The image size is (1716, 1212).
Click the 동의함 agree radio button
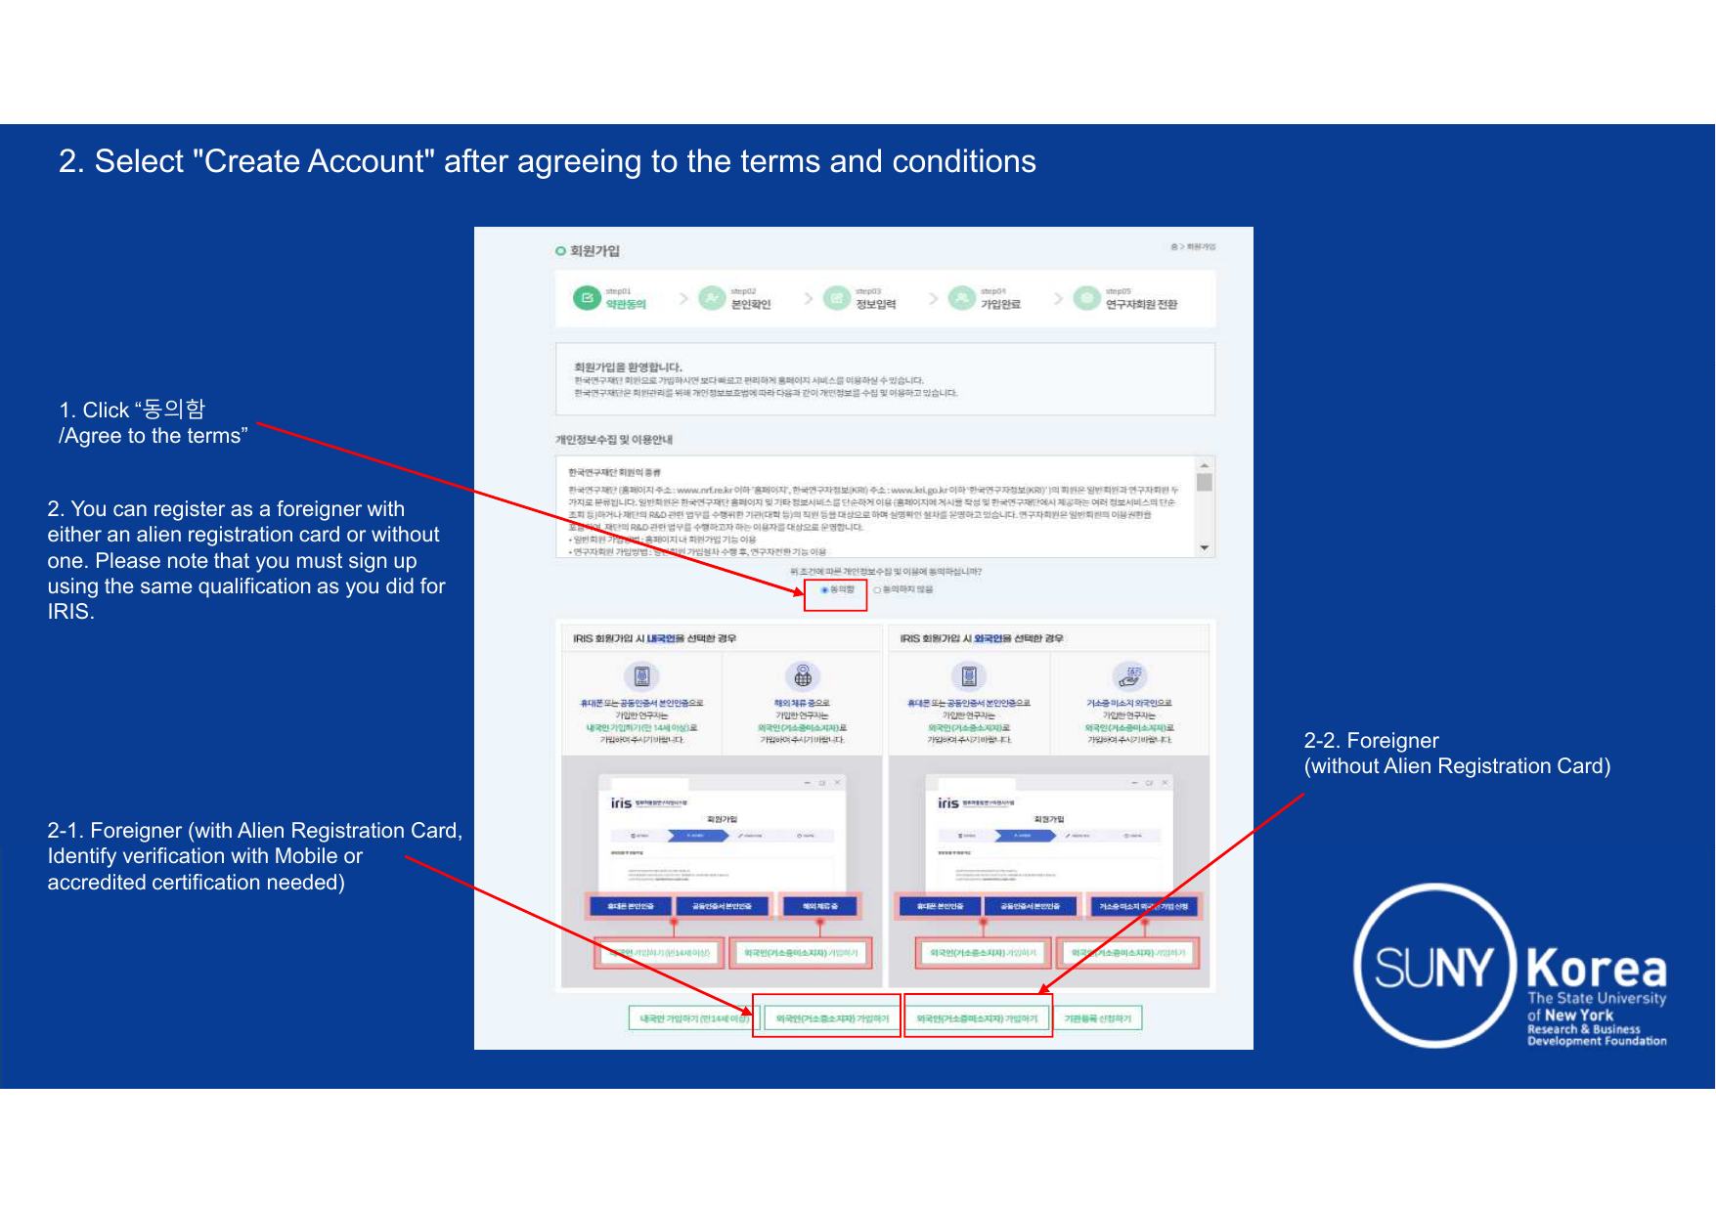click(x=824, y=589)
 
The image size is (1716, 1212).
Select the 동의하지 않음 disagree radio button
click(x=877, y=589)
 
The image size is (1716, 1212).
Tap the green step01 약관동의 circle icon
click(x=587, y=298)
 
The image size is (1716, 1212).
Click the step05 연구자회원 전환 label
click(x=1141, y=305)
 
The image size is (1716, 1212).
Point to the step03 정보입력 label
click(x=875, y=305)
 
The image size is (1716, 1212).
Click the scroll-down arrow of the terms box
click(x=1205, y=548)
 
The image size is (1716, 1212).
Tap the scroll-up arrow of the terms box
click(x=1205, y=465)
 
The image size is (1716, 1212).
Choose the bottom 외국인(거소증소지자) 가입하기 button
click(x=832, y=1018)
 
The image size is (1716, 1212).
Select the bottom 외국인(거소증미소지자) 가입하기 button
click(x=977, y=1018)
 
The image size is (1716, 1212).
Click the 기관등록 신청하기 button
click(x=1097, y=1018)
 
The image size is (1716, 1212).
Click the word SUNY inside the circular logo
click(x=1433, y=968)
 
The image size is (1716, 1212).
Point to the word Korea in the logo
click(x=1596, y=970)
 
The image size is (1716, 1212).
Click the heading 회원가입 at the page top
click(x=594, y=251)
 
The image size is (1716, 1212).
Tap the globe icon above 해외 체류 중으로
click(x=803, y=676)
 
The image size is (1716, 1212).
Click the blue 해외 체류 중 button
click(x=819, y=907)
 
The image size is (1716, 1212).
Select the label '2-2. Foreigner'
click(x=1371, y=741)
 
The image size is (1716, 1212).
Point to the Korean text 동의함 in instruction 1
click(x=174, y=410)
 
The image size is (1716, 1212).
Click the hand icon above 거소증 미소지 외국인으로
click(x=1129, y=676)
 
